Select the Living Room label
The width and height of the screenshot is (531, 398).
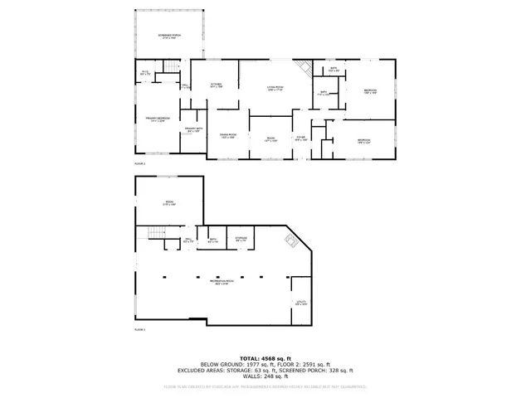pos(275,88)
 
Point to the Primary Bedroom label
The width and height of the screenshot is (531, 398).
pos(158,119)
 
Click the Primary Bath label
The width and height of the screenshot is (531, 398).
pos(192,129)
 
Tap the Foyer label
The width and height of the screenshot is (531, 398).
pos(301,139)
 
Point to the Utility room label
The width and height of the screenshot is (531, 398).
pos(301,303)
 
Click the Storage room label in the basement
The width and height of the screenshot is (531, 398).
pos(241,240)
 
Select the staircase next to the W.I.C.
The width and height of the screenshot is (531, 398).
pos(171,67)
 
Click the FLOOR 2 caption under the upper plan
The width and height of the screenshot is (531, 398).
pos(139,164)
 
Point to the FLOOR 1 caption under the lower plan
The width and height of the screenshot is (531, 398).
pos(139,330)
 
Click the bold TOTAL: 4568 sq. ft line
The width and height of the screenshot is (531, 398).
pos(265,357)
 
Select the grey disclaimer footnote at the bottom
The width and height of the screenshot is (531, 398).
pos(265,386)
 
